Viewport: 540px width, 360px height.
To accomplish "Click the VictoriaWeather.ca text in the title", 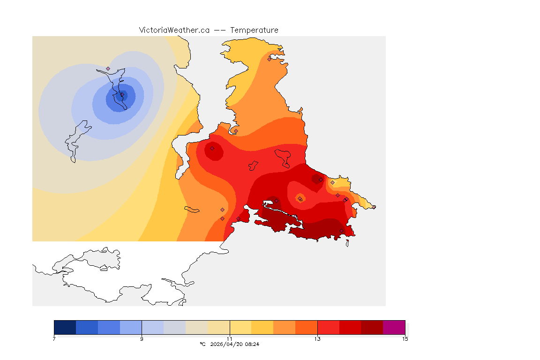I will click(x=174, y=30).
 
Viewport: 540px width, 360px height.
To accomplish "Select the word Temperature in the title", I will click(x=254, y=30).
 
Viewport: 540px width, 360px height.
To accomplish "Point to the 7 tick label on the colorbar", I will click(x=54, y=339).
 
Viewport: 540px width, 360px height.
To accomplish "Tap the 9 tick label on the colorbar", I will click(x=142, y=339).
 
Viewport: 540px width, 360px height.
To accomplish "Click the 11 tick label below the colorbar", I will click(x=230, y=339).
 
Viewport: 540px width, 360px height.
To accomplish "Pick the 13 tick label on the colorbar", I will click(x=317, y=339).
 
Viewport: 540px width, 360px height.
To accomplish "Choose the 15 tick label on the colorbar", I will click(x=405, y=339).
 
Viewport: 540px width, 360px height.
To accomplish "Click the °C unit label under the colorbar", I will click(x=202, y=344).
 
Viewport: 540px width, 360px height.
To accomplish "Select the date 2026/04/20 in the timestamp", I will click(x=228, y=344).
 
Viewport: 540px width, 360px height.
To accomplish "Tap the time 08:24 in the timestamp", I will click(x=253, y=344).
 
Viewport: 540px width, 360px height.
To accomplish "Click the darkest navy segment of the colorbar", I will click(x=65, y=327).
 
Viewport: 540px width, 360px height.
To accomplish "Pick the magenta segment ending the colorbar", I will click(x=394, y=327).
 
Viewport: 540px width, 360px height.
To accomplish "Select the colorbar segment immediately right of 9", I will click(x=152, y=327).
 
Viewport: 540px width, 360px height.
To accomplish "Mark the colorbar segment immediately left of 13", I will click(x=306, y=327).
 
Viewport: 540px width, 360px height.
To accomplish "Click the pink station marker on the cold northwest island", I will click(x=108, y=68).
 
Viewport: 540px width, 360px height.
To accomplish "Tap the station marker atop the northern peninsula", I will click(x=269, y=59).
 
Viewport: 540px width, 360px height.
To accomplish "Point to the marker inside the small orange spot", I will click(x=300, y=199).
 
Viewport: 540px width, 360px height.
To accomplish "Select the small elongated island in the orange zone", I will click(x=192, y=210).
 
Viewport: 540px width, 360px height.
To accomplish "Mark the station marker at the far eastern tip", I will click(x=374, y=207).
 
